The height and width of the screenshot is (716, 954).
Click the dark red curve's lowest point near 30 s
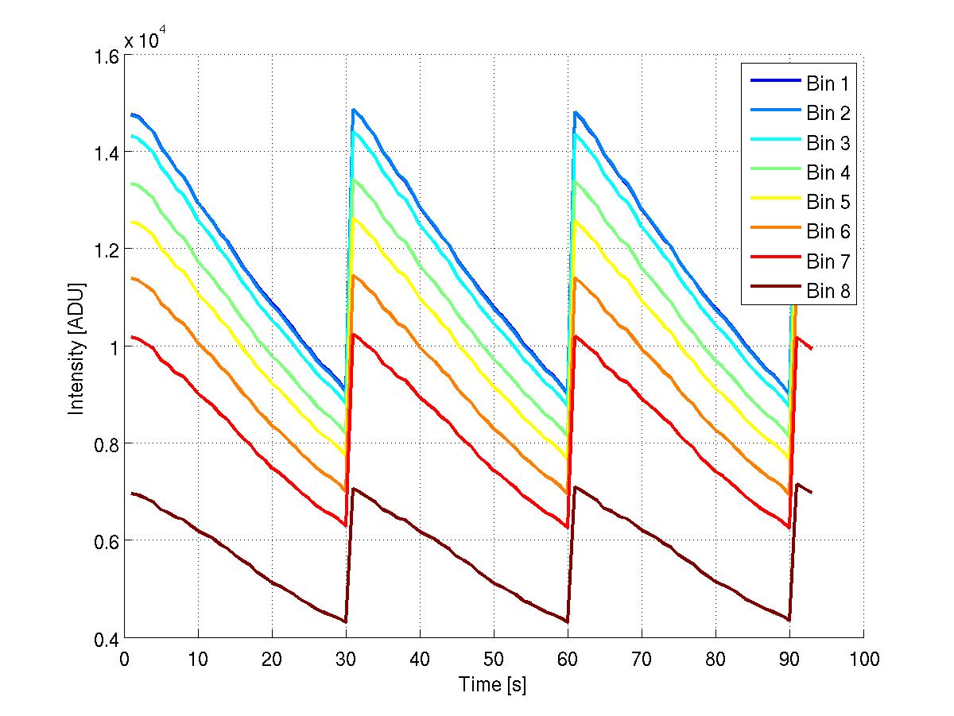tap(345, 621)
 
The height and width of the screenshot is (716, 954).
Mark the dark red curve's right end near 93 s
tap(812, 493)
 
